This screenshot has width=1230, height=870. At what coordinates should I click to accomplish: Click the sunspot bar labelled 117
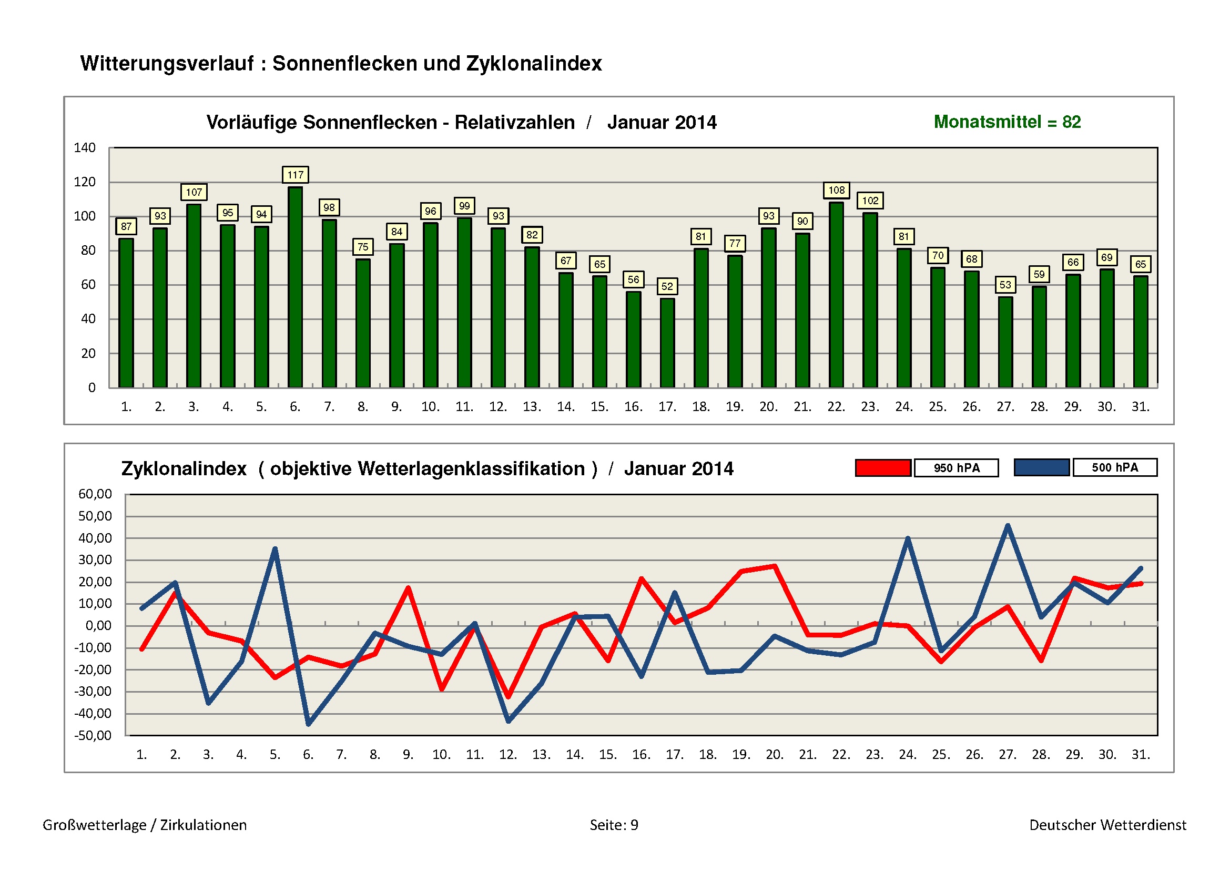tap(295, 287)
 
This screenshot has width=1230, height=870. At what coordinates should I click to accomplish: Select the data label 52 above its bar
tap(667, 286)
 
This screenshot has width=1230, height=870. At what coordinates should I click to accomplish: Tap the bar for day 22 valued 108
tap(836, 295)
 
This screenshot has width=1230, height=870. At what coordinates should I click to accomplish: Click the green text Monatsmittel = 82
tap(1007, 122)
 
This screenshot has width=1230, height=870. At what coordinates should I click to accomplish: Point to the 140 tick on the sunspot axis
tap(85, 147)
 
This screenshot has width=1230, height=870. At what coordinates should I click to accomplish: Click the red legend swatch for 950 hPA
tap(883, 467)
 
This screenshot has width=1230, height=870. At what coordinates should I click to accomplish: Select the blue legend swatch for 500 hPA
tap(1042, 467)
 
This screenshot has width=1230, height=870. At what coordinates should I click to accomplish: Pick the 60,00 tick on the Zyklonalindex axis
tap(95, 494)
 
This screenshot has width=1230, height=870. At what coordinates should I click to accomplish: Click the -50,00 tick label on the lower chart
tap(93, 735)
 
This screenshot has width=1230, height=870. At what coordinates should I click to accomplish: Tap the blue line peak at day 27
tap(1008, 526)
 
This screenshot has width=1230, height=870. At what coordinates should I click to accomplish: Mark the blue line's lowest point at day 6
tap(308, 724)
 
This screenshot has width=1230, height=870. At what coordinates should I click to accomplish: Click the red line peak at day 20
tap(775, 566)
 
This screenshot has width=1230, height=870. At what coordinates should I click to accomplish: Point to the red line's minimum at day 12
tap(509, 696)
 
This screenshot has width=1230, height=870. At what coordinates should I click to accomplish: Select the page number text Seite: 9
tap(614, 824)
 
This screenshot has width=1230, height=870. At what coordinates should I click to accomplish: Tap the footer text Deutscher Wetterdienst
tap(1107, 824)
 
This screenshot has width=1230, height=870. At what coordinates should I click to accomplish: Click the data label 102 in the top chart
tap(870, 201)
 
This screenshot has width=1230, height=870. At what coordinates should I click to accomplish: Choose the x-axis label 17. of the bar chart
tap(667, 407)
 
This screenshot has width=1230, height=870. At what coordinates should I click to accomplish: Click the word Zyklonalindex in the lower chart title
tap(184, 468)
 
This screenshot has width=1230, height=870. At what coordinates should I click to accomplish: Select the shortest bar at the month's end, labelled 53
tap(1005, 342)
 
